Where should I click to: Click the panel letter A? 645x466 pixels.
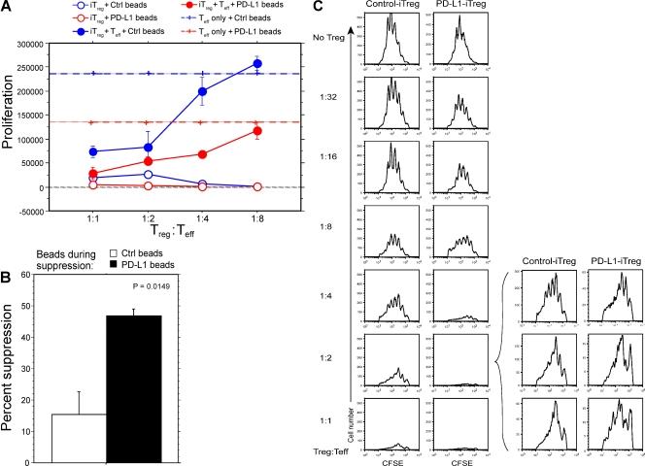tap(8, 8)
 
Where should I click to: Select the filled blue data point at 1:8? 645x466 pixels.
tap(256, 63)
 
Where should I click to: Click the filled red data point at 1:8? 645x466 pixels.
tap(256, 131)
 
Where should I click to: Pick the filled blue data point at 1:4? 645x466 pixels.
tap(202, 91)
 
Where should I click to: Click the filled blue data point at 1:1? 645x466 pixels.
tap(93, 151)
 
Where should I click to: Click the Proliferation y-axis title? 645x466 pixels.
tap(10, 126)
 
